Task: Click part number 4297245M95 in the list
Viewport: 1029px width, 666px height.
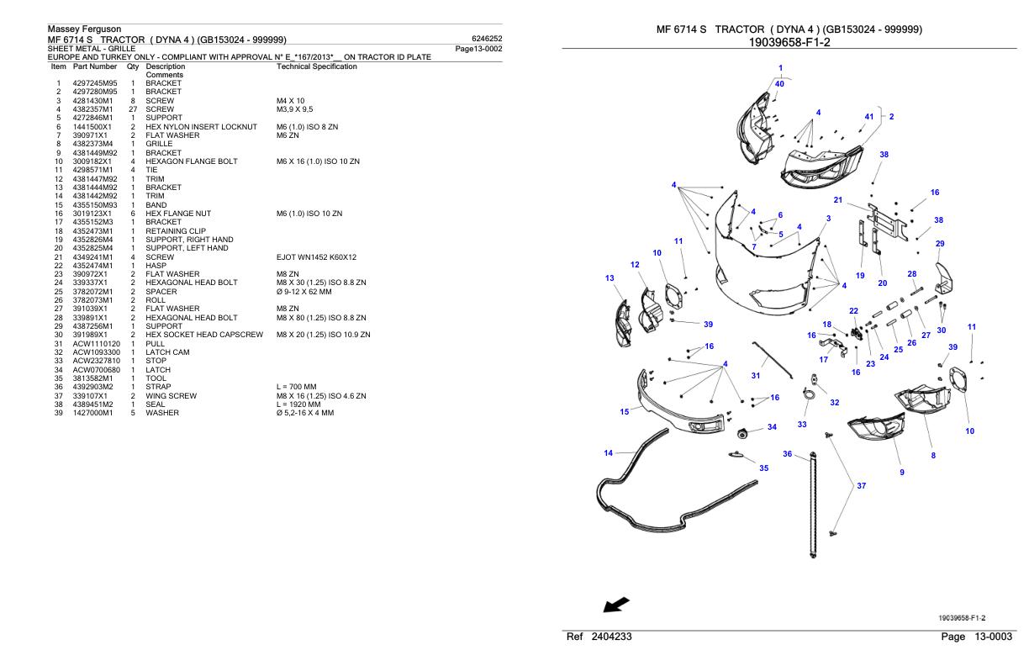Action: tap(94, 83)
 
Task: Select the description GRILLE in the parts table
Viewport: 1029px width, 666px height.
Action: tap(159, 144)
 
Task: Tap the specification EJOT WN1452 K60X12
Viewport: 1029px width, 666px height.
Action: tap(316, 256)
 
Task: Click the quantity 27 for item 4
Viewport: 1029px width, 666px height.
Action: tap(133, 109)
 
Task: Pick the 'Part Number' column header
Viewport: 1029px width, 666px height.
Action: tap(94, 66)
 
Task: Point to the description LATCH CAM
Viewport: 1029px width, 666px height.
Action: tap(166, 352)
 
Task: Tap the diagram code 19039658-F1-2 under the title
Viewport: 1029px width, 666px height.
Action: tap(789, 42)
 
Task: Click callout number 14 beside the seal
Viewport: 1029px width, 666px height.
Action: tap(609, 453)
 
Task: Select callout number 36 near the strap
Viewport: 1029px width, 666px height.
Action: tap(788, 454)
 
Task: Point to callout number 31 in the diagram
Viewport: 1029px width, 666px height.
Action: tap(756, 376)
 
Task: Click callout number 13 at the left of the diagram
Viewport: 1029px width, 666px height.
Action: tap(609, 277)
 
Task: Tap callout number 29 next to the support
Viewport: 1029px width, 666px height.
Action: tap(940, 244)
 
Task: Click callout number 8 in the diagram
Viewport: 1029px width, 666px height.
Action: tap(933, 456)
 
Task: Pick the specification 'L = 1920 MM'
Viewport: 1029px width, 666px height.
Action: tap(299, 404)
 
